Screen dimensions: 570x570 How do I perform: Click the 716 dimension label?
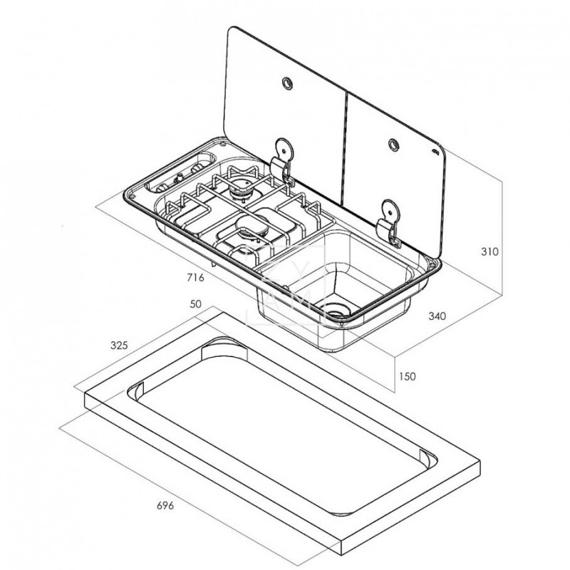pos(195,278)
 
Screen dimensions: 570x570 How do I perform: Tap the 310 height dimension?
pos(489,252)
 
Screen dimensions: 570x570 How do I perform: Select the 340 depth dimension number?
pos(437,316)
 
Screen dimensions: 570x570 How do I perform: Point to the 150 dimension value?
pos(407,376)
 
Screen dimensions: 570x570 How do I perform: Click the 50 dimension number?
pos(195,304)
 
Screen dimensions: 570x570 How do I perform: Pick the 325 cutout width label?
pos(119,346)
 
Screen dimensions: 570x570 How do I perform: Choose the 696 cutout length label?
pos(165,505)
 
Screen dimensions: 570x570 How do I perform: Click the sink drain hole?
pos(336,310)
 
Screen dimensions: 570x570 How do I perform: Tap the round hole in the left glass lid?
pos(287,83)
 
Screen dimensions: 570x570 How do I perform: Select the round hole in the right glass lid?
pos(393,145)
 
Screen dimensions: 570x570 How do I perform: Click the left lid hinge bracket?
pos(282,161)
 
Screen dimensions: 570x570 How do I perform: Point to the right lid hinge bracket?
pos(388,222)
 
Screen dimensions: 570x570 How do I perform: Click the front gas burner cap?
pos(252,225)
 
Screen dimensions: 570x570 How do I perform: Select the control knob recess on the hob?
pos(181,173)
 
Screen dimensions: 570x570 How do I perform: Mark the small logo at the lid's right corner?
pos(435,152)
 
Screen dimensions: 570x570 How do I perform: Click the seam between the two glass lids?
pos(345,147)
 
